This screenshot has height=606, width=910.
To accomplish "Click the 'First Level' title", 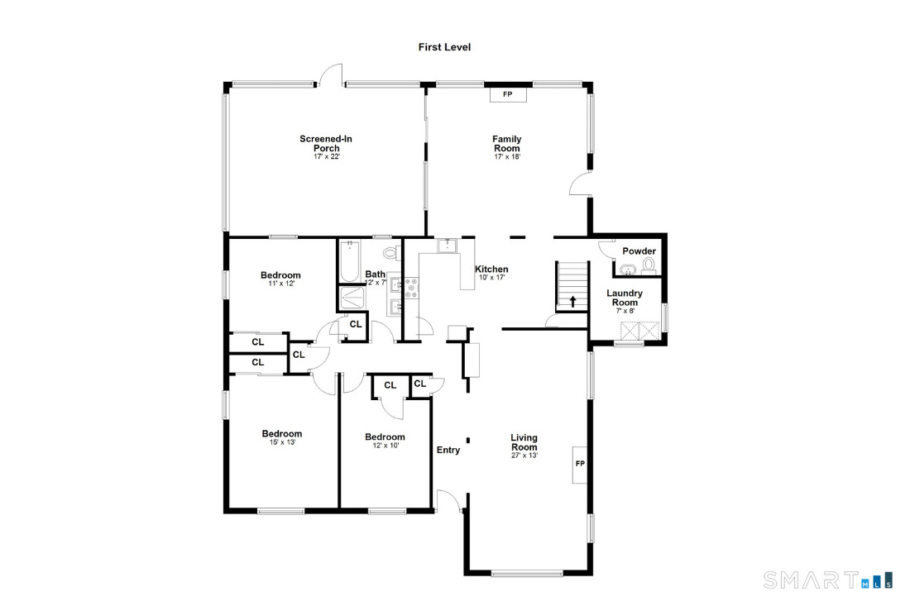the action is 444,47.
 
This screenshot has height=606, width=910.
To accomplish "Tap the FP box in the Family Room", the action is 508,94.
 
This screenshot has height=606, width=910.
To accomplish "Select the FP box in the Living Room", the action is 580,464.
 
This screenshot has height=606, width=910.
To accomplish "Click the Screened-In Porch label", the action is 326,143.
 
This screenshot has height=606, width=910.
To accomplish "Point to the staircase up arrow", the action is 572,301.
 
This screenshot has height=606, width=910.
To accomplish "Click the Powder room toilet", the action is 649,265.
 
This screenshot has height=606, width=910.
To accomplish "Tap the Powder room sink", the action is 627,269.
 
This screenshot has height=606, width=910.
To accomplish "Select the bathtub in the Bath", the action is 349,261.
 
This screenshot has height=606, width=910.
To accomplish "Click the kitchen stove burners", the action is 411,289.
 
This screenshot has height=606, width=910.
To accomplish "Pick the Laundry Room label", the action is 625,298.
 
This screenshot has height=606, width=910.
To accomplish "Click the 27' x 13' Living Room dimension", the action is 524,456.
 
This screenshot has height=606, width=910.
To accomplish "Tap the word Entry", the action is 448,450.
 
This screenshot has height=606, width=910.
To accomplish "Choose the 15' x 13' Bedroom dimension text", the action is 282,441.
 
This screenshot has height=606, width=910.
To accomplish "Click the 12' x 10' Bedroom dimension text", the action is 386,446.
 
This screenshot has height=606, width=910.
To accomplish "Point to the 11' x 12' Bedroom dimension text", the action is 281,284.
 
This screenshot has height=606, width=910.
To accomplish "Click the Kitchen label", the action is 491,269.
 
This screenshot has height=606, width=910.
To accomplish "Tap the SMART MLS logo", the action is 828,580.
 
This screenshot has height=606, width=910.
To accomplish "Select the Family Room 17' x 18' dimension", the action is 507,156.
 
